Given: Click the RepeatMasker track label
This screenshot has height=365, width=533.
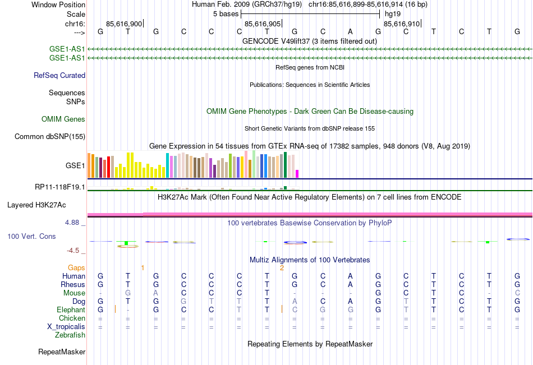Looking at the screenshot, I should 62,352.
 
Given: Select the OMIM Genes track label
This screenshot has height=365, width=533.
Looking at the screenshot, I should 63,119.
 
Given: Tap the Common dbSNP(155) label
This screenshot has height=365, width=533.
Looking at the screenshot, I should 50,136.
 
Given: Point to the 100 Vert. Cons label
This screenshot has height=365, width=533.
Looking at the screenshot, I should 31,237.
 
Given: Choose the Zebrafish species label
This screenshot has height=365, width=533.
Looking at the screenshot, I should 70,335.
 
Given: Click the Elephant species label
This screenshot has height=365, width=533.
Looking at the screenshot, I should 71,309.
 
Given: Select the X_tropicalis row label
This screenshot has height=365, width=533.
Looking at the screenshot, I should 66,327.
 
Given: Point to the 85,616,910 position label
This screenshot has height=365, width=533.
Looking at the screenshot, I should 400,24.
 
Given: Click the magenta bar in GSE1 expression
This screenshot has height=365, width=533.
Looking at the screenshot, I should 297,174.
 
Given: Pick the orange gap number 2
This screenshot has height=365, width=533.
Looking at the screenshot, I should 282,267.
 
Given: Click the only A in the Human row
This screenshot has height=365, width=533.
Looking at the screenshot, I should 350,276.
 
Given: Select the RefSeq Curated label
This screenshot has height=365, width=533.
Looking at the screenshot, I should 59,75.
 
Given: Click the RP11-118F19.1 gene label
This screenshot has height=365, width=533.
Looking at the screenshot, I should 60,187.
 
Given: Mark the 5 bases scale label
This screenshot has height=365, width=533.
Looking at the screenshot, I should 226,13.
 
